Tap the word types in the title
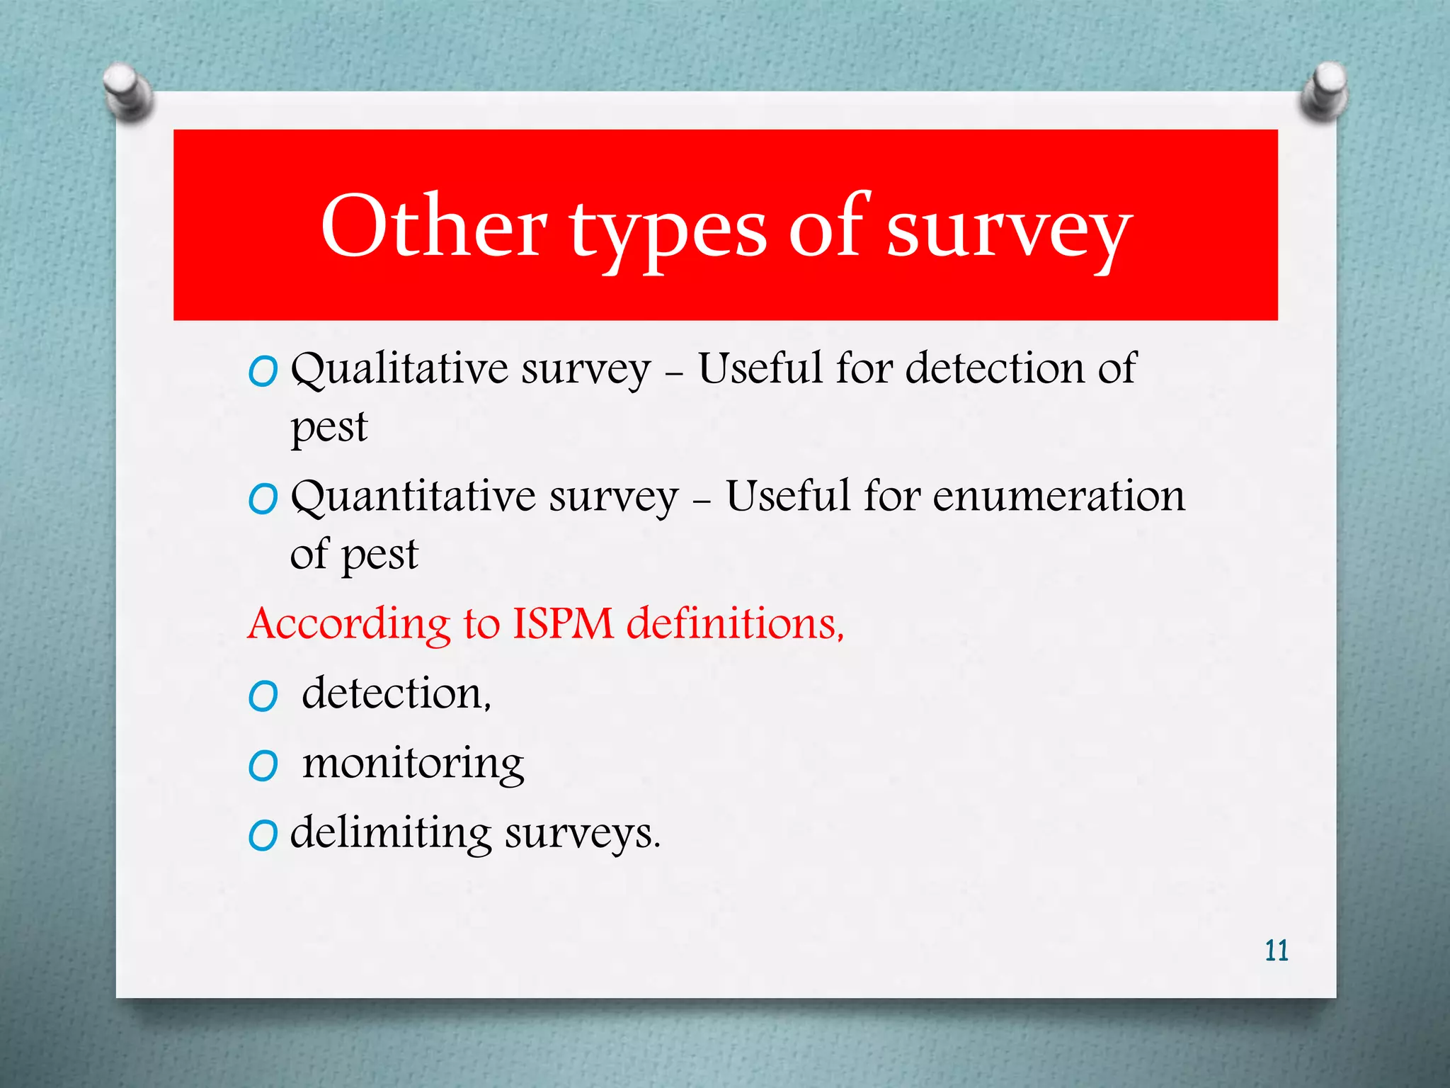(x=668, y=230)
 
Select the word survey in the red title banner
(x=1008, y=230)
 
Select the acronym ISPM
(x=563, y=624)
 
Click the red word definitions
(x=735, y=624)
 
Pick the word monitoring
(x=413, y=764)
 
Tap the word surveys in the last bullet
(x=582, y=834)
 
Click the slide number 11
(x=1276, y=951)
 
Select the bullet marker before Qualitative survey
(x=263, y=371)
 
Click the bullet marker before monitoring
(x=263, y=766)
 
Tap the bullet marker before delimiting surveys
(x=263, y=836)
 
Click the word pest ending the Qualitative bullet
(x=329, y=428)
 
